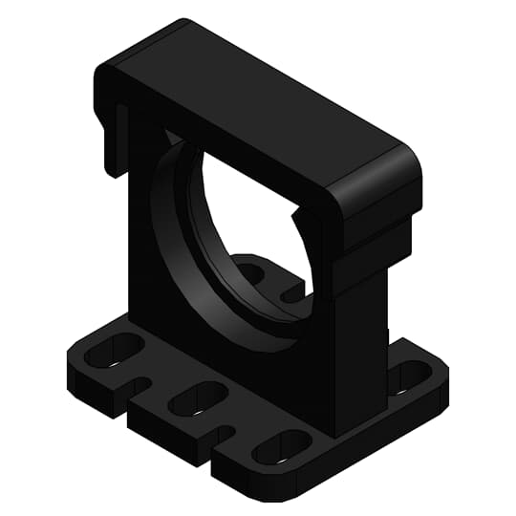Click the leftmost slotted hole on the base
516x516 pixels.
(113, 353)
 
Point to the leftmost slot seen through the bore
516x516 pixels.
(250, 273)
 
